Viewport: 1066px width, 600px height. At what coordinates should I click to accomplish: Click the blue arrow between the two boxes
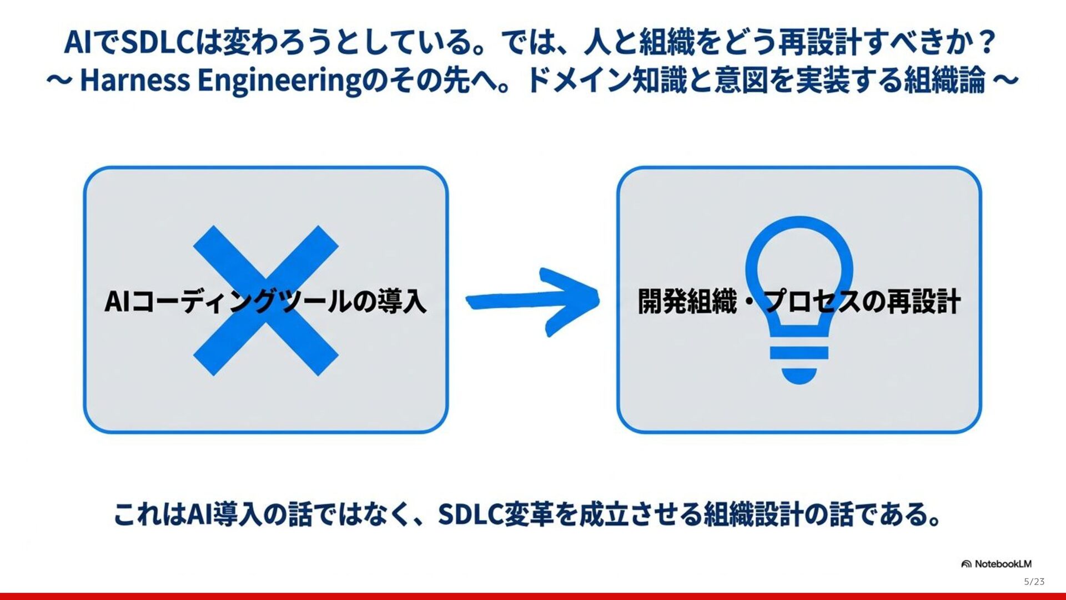pos(532,301)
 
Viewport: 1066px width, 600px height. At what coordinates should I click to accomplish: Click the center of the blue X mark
pos(265,301)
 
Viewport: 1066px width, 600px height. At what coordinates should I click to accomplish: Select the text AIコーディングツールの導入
pos(265,302)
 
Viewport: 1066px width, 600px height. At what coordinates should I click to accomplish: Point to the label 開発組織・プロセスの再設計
pos(799,302)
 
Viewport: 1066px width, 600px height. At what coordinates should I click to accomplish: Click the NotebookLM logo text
pos(1003,564)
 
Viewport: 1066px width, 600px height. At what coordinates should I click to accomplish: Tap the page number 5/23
pos(1034,582)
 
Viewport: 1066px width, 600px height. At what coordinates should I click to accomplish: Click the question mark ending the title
pos(987,42)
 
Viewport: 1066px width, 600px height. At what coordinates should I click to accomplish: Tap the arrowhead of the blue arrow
pos(577,301)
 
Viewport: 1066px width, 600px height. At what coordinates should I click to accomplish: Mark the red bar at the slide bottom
pos(533,596)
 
